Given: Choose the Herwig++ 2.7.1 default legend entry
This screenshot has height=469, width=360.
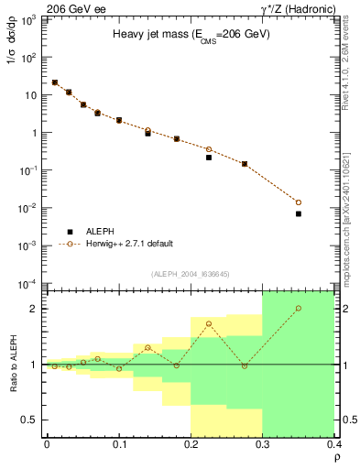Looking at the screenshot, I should (129, 244).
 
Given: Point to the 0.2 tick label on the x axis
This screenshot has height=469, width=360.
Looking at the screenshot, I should (191, 444).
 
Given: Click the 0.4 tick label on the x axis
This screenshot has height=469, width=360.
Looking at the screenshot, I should (334, 444).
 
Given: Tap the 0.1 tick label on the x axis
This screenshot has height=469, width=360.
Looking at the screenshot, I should (119, 444).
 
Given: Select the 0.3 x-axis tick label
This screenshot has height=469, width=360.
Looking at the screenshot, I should (263, 444).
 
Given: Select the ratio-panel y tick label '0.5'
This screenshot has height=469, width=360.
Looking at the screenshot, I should (30, 420).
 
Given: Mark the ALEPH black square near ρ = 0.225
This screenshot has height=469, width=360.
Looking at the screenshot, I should (209, 158).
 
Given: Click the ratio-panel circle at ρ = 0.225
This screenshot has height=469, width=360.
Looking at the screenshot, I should (209, 323).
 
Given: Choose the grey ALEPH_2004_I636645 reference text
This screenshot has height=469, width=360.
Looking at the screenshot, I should (191, 274).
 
